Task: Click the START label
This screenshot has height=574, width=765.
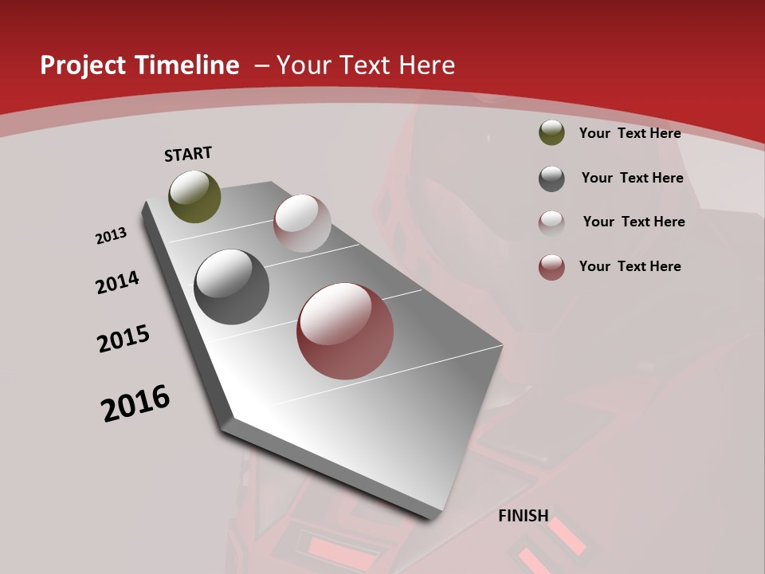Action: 188,154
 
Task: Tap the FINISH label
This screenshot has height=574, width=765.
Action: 524,516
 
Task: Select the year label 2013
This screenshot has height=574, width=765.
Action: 111,236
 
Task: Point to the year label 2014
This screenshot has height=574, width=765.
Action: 118,282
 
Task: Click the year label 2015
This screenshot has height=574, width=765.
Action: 124,339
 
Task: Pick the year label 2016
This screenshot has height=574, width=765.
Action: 135,403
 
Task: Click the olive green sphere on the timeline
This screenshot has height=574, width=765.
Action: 195,196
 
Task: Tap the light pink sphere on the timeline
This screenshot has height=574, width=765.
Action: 302,223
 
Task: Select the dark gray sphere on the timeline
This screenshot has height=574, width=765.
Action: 232,287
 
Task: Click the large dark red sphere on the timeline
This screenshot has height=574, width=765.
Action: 345,331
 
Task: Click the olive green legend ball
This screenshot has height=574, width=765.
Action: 551,132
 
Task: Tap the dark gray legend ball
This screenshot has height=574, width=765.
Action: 551,179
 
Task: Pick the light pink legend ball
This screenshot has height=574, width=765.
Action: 551,222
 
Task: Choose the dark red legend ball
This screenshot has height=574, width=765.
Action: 551,267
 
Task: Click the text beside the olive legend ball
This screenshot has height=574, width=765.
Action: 630,133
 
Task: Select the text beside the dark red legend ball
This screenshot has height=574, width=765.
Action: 630,266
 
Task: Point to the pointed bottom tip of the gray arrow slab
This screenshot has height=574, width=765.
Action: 434,517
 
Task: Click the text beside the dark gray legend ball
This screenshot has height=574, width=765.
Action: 632,178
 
